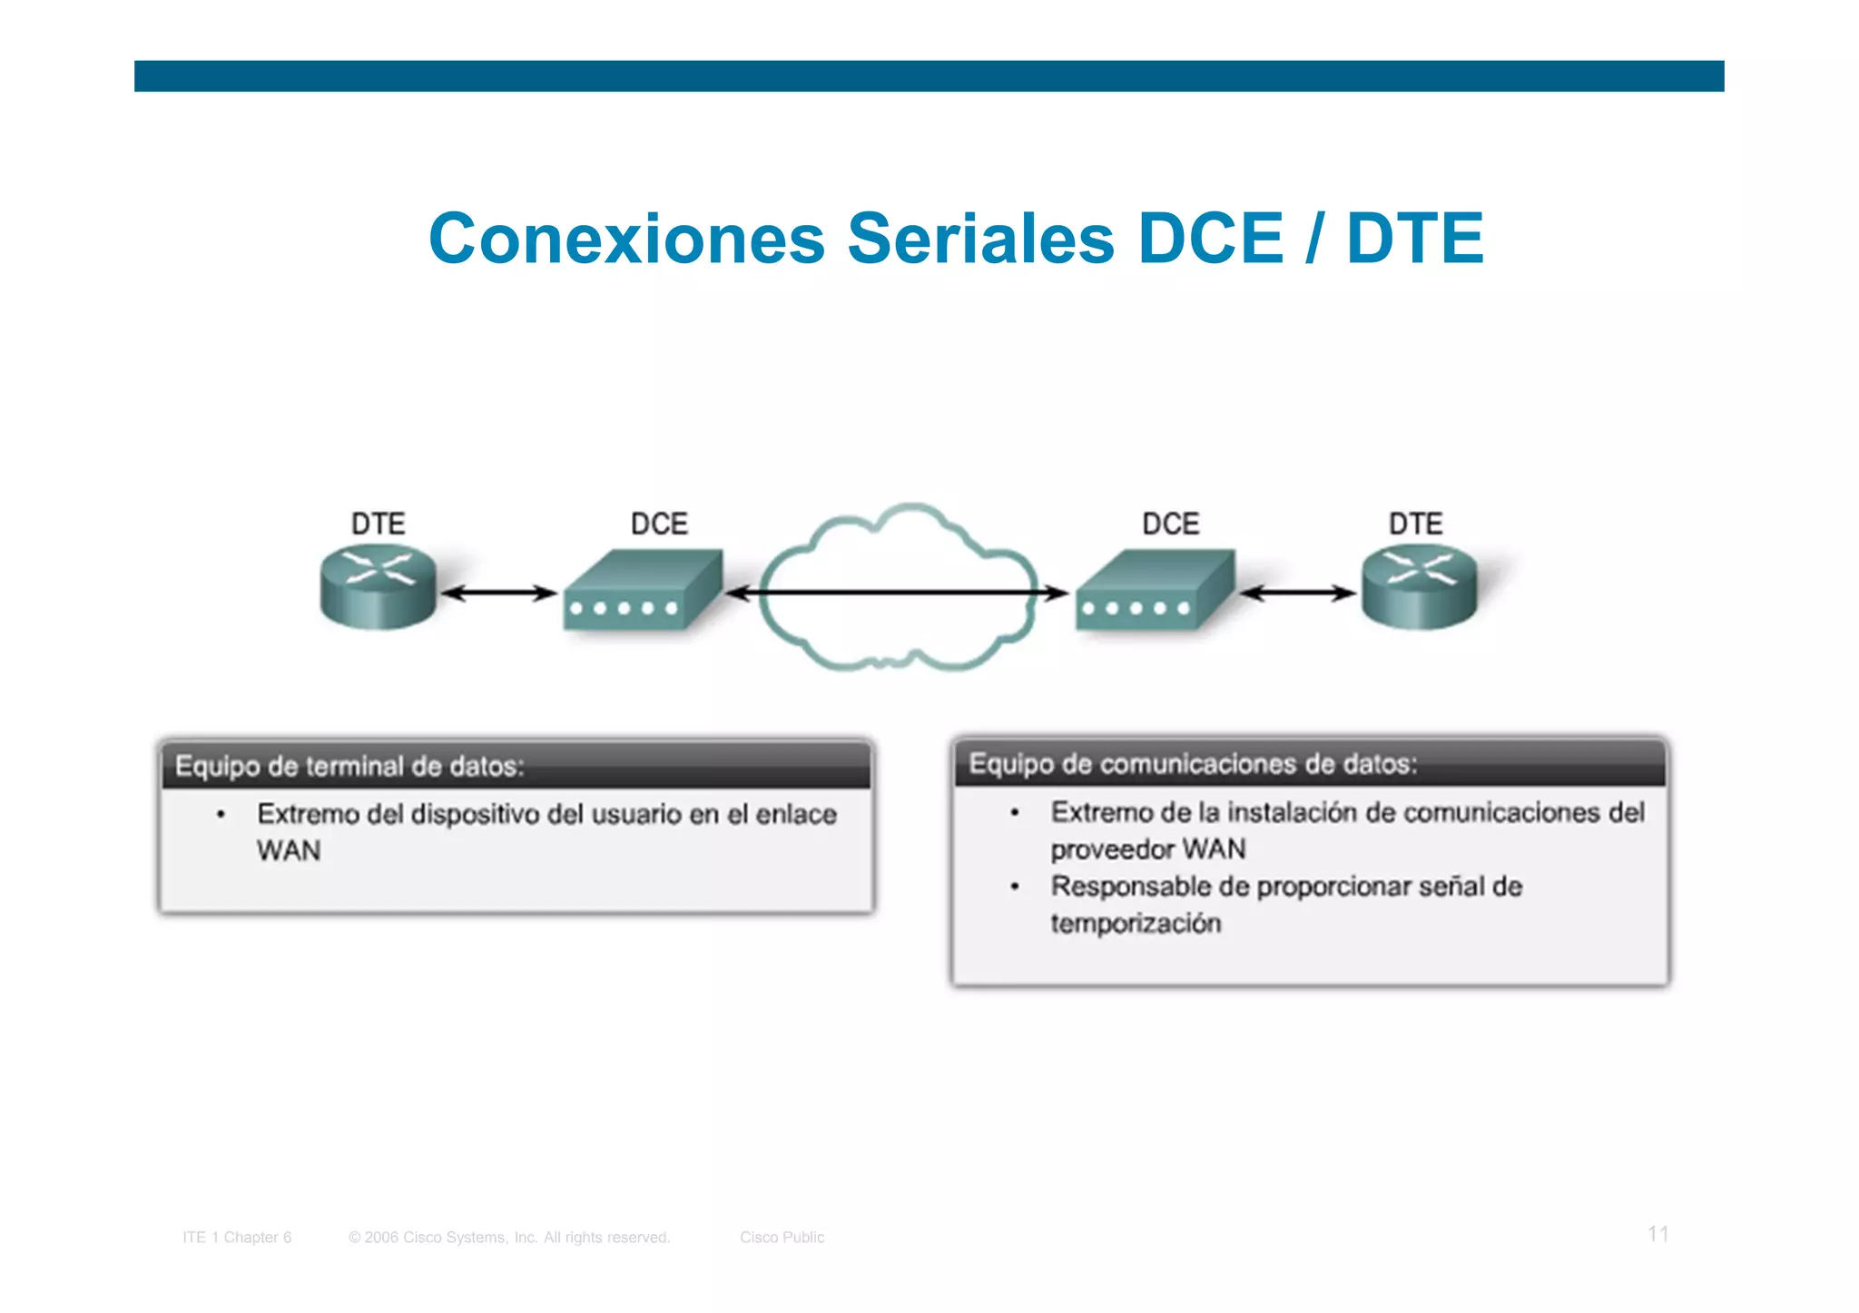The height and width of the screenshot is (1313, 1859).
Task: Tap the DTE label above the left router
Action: coord(378,524)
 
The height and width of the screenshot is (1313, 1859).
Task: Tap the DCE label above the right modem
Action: coord(1170,524)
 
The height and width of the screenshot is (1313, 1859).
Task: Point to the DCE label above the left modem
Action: coord(659,524)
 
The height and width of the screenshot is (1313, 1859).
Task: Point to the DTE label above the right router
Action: coord(1415,524)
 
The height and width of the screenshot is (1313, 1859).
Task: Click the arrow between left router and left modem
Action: coord(498,593)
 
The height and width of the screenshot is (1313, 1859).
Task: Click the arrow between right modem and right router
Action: coord(1298,593)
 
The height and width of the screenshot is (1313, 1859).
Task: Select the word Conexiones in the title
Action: coord(626,239)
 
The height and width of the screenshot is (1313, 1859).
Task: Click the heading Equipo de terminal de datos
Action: coord(349,767)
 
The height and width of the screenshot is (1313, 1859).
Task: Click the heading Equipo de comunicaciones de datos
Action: coord(1193,764)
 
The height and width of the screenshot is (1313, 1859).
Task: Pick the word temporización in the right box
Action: coord(1136,924)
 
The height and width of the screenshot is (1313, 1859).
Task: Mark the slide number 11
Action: coord(1657,1234)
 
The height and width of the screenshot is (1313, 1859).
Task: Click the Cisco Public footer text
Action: coord(782,1237)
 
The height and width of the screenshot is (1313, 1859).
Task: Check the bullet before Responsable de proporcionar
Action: coord(1015,887)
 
